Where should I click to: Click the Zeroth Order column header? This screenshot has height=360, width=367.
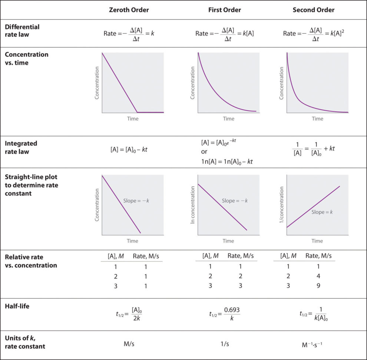pyautogui.click(x=129, y=10)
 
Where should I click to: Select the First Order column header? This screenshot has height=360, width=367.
pyautogui.click(x=225, y=10)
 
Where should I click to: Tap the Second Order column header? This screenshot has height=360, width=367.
pyautogui.click(x=313, y=10)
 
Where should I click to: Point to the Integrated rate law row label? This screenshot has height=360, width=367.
pyautogui.click(x=21, y=147)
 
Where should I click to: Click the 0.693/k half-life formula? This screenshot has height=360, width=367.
pyautogui.click(x=225, y=314)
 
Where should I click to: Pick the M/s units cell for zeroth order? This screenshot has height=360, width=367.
pyautogui.click(x=129, y=344)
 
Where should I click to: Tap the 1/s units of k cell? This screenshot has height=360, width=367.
pyautogui.click(x=225, y=344)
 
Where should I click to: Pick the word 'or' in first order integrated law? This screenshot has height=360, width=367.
pyautogui.click(x=204, y=151)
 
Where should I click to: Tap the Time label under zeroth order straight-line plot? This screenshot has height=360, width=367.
pyautogui.click(x=132, y=241)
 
